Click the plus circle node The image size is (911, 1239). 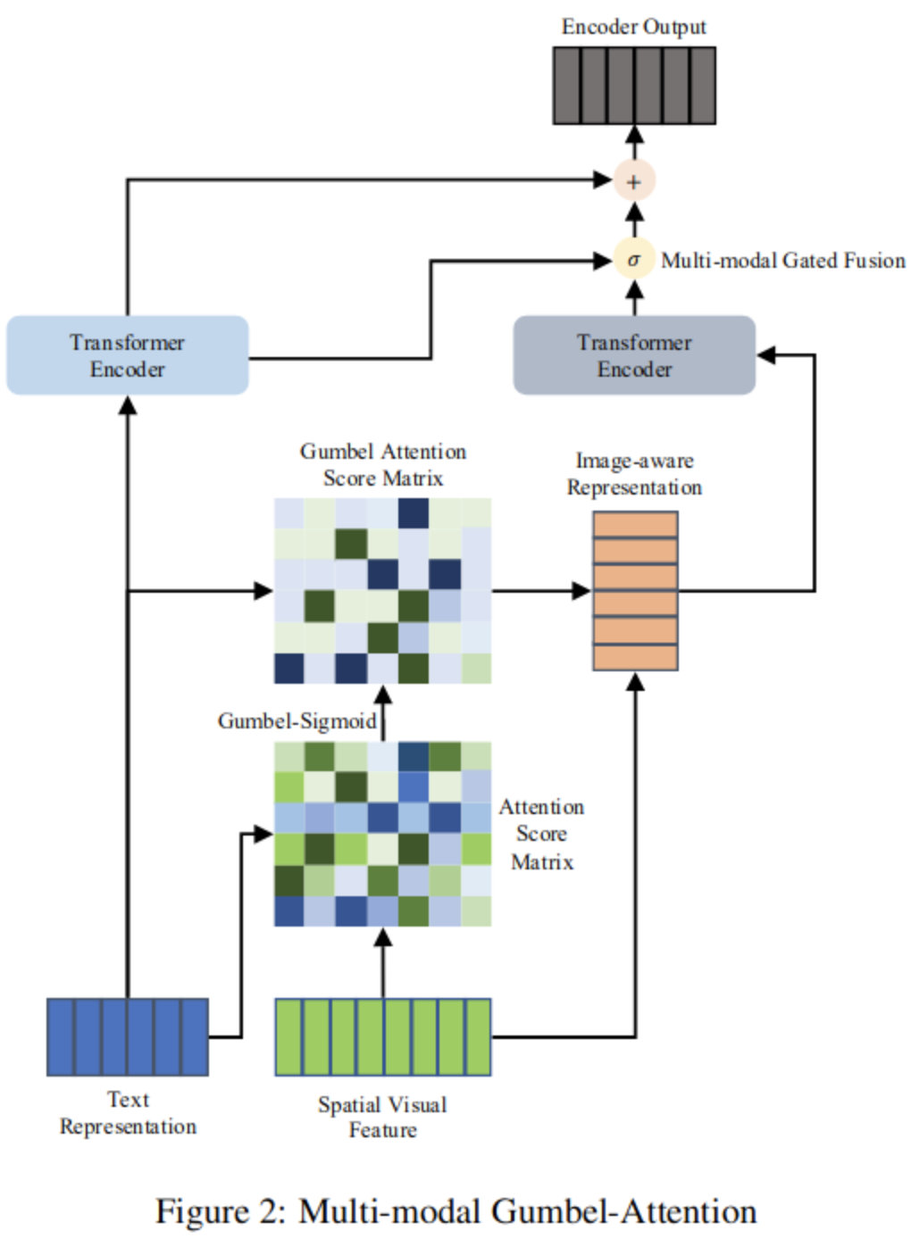point(634,180)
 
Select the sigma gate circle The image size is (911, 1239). point(634,259)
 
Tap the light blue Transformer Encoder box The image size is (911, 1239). point(128,355)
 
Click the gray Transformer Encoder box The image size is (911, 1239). point(634,355)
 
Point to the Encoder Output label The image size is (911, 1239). point(634,27)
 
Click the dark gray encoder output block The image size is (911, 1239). point(634,86)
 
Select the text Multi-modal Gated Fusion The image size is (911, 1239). point(783,261)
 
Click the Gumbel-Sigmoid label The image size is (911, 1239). point(297,721)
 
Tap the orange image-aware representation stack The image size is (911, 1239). point(635,591)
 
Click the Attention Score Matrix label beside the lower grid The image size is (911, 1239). point(542,835)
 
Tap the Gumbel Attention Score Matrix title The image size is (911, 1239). point(383,464)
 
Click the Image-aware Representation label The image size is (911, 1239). point(635,474)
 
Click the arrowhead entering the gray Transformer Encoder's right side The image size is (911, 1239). point(766,355)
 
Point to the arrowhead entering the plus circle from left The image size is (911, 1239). point(603,179)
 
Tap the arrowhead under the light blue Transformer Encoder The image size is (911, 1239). point(128,405)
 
